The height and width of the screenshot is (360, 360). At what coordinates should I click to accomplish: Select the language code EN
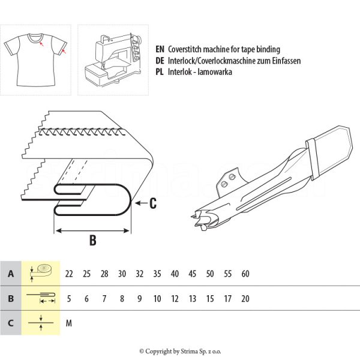click(160, 49)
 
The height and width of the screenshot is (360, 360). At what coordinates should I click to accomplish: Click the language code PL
click(160, 72)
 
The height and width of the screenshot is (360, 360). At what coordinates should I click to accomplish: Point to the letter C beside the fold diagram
click(153, 204)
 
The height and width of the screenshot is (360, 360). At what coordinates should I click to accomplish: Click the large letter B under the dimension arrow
click(93, 241)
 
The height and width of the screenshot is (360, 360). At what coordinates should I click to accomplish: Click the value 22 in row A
click(69, 274)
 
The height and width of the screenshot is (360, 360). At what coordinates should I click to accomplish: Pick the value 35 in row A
click(157, 274)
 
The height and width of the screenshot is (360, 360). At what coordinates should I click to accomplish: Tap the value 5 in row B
click(69, 298)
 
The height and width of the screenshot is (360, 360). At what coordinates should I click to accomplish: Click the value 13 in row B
click(193, 298)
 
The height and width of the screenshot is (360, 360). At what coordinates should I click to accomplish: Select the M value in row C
click(69, 323)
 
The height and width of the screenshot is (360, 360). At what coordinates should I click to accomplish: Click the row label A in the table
click(10, 274)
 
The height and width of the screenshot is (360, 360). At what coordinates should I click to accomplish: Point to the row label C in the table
click(10, 323)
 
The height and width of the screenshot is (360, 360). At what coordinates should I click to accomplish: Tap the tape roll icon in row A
click(41, 272)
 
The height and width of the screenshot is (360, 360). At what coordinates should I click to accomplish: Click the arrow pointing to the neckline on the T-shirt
click(40, 44)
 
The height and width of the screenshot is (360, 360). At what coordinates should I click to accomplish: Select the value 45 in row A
click(193, 274)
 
